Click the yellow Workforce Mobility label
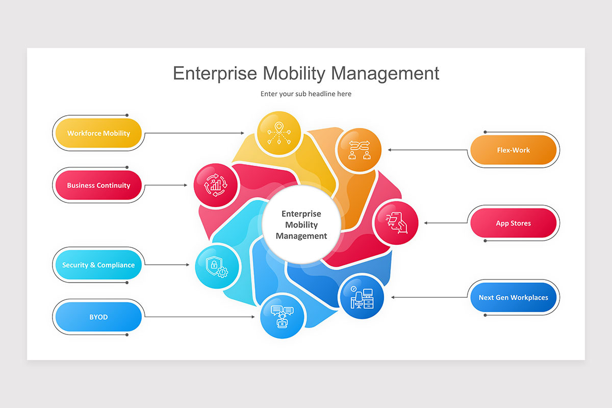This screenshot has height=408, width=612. (98, 134)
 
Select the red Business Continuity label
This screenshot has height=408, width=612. (98, 186)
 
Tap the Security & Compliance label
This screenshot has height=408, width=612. (98, 265)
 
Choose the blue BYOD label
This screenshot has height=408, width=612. (98, 317)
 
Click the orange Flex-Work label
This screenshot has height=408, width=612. (513, 150)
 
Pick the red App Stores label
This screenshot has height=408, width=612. (513, 223)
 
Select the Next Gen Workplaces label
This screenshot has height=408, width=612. (513, 298)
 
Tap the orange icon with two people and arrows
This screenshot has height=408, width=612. (359, 149)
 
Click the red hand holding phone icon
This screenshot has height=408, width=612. (396, 223)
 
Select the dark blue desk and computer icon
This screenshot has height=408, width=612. (361, 297)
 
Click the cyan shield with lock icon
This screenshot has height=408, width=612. (217, 265)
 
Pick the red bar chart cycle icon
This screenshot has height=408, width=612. (216, 185)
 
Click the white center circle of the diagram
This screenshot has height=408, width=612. (301, 225)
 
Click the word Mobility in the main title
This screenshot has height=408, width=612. (293, 73)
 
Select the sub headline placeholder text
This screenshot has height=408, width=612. (306, 94)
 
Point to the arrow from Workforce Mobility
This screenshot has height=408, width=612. (194, 133)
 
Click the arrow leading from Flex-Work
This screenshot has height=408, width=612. (428, 150)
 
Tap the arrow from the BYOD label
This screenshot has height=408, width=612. (199, 317)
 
